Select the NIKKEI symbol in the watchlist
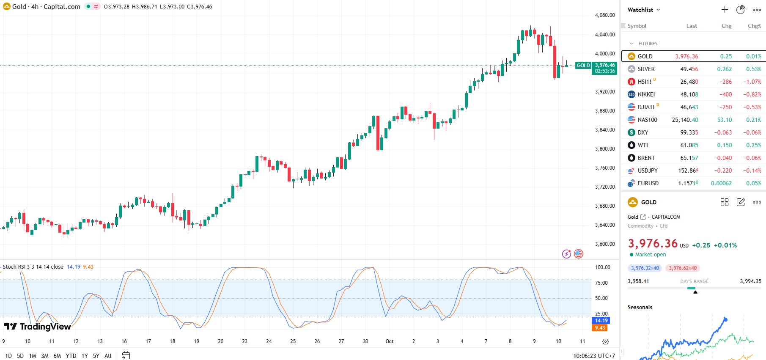646,94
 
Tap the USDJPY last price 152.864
689,170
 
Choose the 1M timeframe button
33,356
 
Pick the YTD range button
71,356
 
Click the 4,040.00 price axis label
605,35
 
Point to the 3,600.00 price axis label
605,244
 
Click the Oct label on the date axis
390,341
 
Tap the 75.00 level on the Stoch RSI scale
601,283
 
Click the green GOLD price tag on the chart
583,66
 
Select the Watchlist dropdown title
643,10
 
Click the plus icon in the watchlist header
725,10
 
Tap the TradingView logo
38,327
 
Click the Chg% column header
754,26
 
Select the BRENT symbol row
646,158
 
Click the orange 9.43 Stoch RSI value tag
600,328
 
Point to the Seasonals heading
640,307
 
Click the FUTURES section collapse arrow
631,44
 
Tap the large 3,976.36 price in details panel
653,244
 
